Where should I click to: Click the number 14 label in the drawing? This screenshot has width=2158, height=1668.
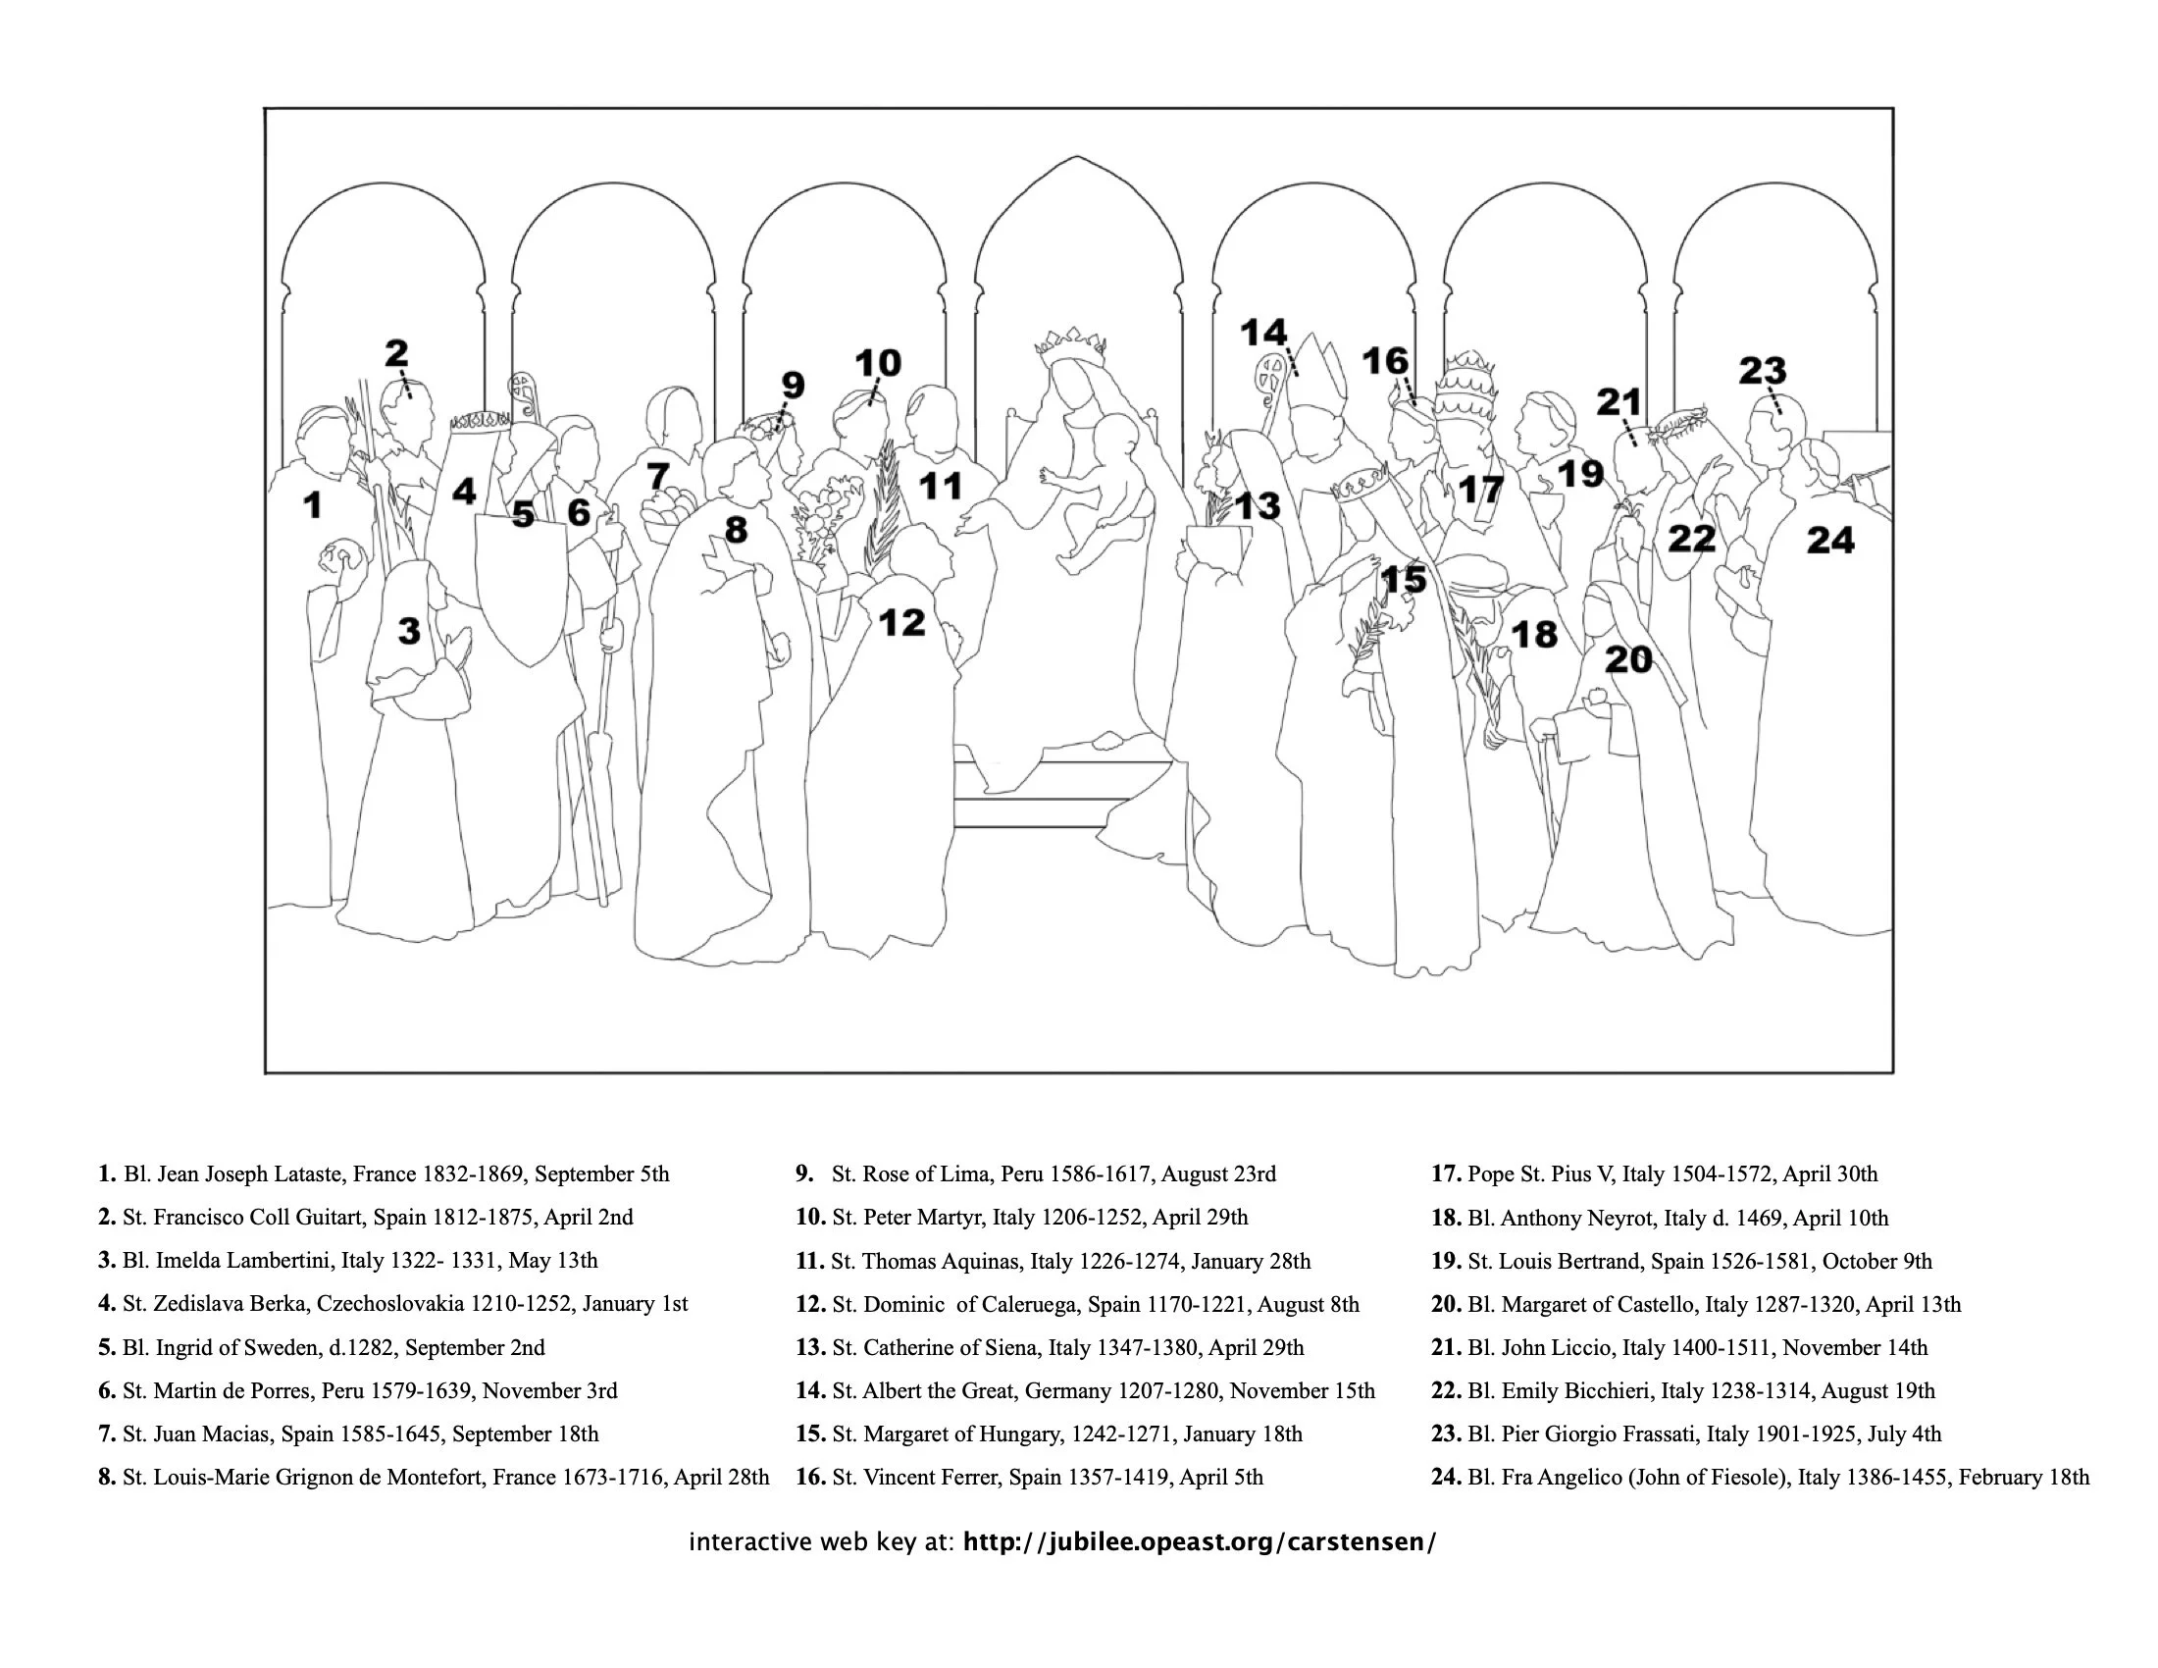click(1263, 333)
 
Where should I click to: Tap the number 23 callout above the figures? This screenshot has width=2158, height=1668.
click(1763, 372)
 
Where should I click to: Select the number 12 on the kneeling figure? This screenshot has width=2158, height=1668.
click(901, 622)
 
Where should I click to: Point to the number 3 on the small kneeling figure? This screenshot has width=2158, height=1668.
click(409, 631)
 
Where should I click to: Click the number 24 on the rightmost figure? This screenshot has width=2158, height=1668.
click(1830, 541)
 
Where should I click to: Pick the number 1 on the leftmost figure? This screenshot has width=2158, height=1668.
click(312, 505)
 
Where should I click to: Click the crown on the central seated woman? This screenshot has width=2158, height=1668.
click(1069, 345)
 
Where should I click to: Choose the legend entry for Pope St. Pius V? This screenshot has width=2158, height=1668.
click(1654, 1173)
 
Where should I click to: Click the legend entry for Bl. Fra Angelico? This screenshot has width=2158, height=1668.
click(1760, 1478)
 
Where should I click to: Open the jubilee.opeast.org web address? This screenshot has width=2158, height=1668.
click(1199, 1542)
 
